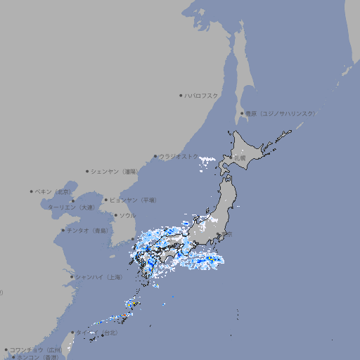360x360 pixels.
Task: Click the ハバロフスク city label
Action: (202, 95)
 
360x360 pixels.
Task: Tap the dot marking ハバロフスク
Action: (181, 95)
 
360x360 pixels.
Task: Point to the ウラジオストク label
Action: (179, 156)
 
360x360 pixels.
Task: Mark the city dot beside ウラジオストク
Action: (155, 156)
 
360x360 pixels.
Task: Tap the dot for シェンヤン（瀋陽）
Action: (87, 171)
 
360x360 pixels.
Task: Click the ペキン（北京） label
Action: (54, 191)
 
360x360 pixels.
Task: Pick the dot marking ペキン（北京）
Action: (32, 191)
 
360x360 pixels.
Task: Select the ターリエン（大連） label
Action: (71, 207)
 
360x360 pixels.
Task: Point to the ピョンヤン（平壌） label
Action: (134, 200)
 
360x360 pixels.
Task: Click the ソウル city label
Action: (127, 215)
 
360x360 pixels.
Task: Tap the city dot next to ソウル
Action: (115, 215)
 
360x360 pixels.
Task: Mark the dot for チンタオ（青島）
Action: (63, 230)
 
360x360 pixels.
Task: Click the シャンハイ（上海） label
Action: (98, 277)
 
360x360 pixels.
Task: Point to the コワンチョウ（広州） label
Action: (36, 349)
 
